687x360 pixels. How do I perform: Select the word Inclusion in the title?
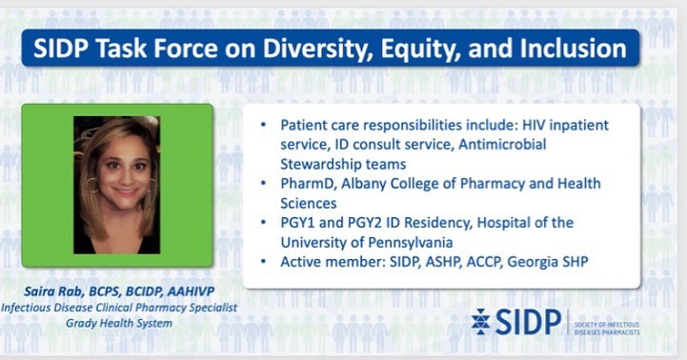click(574, 48)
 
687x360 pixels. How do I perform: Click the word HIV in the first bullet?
click(534, 125)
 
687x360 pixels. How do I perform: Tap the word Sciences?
click(309, 203)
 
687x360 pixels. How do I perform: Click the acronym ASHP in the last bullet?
click(440, 262)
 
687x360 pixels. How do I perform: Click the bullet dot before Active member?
click(263, 262)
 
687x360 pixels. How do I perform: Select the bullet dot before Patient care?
click(263, 125)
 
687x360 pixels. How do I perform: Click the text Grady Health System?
click(119, 323)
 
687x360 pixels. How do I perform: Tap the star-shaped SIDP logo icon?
click(481, 322)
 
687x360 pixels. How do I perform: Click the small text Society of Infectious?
click(607, 325)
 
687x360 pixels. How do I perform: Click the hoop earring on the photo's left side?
click(92, 186)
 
